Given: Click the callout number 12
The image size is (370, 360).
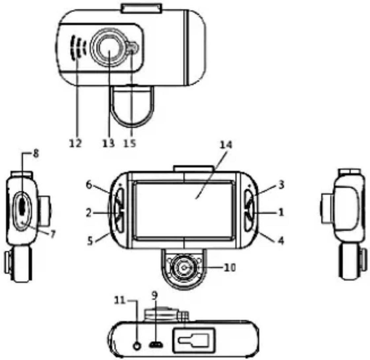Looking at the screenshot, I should click(x=76, y=144).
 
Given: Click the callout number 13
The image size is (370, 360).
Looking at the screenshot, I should click(x=108, y=144).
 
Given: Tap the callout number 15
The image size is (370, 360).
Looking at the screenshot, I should click(x=131, y=144).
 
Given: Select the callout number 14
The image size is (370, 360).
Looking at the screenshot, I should click(x=227, y=145).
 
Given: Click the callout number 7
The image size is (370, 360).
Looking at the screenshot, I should click(x=52, y=234).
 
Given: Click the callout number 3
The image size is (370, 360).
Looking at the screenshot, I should click(x=281, y=186).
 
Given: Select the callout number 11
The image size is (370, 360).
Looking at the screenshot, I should click(x=119, y=300).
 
